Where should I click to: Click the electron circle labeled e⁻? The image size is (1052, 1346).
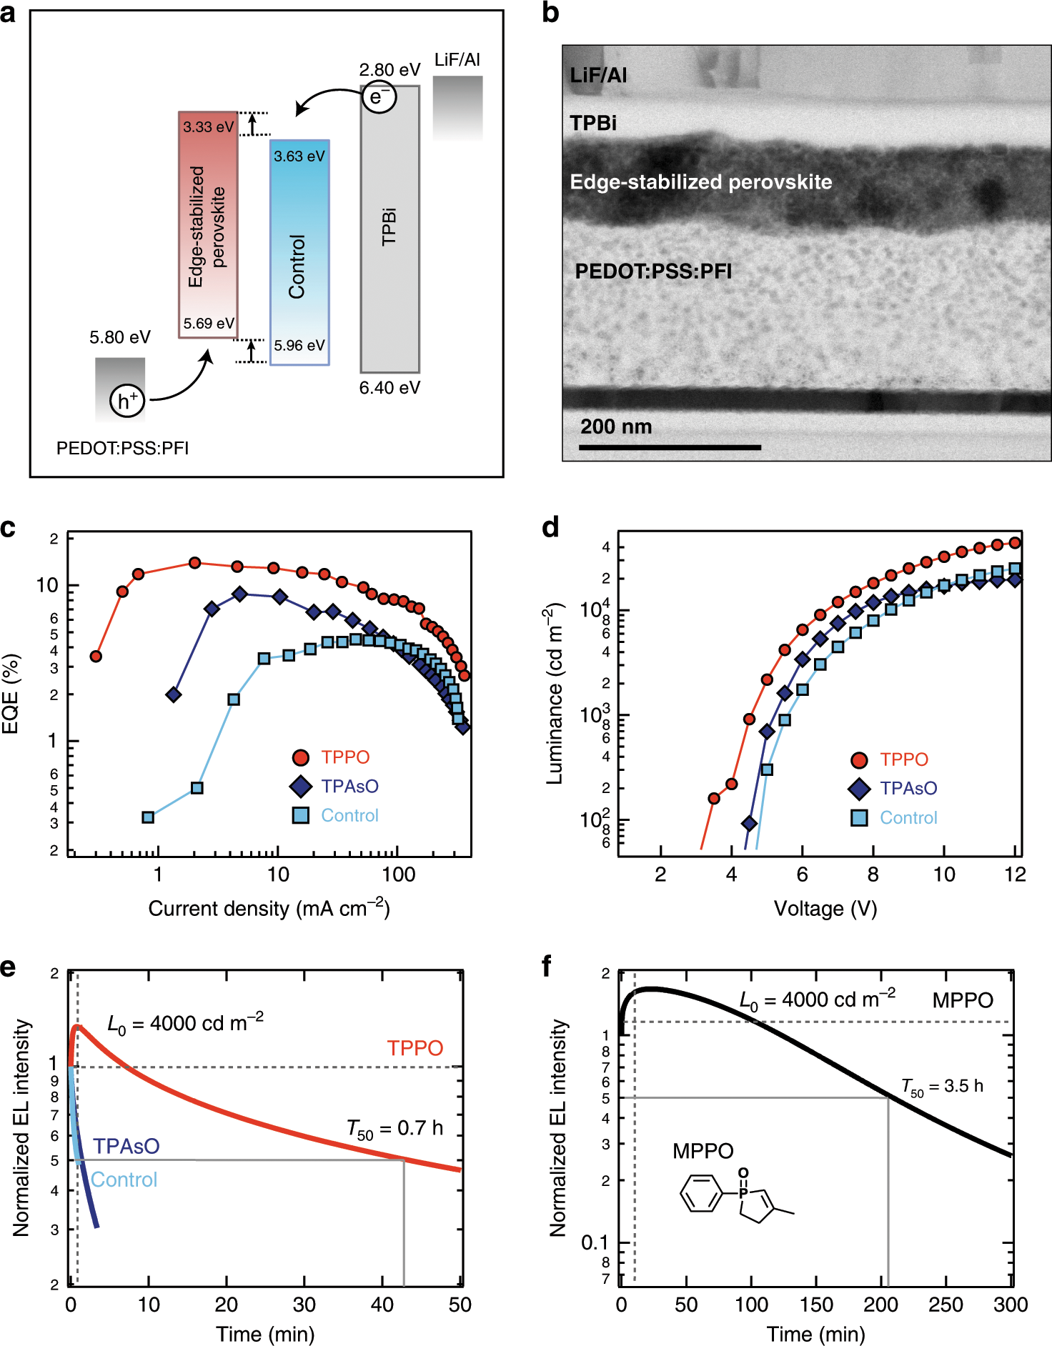click(x=378, y=96)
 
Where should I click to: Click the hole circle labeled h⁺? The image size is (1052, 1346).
click(x=127, y=401)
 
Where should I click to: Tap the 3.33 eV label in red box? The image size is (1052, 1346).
click(x=208, y=127)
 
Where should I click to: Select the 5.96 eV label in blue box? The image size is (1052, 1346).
click(x=299, y=346)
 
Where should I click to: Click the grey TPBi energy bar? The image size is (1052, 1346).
click(x=389, y=229)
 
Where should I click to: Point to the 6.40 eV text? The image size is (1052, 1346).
click(x=389, y=388)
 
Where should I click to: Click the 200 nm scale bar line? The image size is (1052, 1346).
click(x=670, y=447)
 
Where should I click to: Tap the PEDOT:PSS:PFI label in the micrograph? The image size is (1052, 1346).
click(x=653, y=271)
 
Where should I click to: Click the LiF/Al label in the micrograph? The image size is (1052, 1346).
click(x=597, y=75)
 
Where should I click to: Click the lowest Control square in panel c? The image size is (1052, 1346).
click(x=148, y=817)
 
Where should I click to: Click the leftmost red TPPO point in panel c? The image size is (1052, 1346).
click(x=96, y=656)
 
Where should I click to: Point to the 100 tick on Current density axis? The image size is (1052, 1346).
click(x=398, y=874)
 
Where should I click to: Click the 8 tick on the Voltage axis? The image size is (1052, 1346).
click(x=873, y=874)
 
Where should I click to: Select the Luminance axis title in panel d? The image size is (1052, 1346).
click(x=555, y=694)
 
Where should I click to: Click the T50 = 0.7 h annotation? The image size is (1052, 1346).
click(x=394, y=1129)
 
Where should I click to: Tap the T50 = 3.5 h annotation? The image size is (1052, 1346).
click(x=942, y=1087)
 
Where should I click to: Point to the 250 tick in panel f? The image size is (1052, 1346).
click(x=946, y=1305)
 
